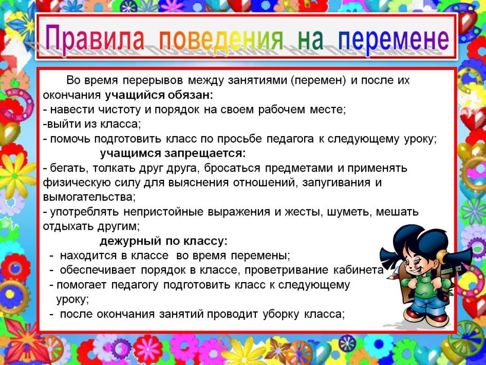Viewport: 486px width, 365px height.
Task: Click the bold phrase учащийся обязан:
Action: click(159, 95)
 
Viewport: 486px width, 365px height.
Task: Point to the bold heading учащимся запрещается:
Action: click(173, 153)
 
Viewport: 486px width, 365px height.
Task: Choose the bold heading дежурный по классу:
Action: click(163, 241)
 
